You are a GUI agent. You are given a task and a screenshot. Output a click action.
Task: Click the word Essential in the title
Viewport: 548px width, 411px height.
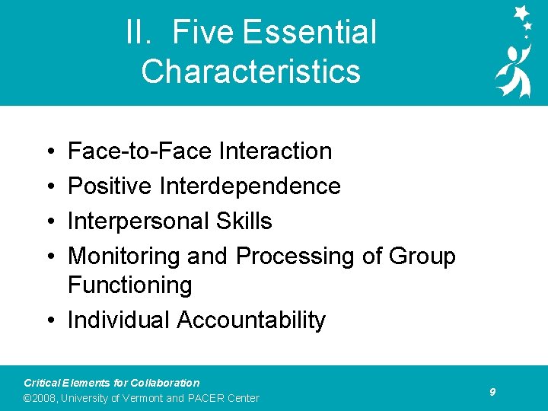[x=309, y=33]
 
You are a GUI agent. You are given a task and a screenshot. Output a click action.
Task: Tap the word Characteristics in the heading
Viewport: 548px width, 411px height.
[x=250, y=71]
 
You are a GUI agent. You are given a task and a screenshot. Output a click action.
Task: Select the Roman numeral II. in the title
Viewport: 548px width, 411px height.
[x=141, y=33]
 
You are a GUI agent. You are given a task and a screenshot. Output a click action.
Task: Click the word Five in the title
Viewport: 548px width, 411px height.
[x=203, y=33]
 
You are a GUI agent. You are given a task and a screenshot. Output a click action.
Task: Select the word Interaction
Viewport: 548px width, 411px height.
[x=276, y=151]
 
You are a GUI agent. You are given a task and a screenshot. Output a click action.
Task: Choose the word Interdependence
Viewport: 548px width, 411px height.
[x=250, y=186]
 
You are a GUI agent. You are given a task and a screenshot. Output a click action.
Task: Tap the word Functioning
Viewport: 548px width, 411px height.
[x=129, y=285]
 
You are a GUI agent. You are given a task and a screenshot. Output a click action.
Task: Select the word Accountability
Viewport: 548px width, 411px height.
[x=251, y=320]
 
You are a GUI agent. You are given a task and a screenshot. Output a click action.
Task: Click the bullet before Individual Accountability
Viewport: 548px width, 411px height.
[x=48, y=320]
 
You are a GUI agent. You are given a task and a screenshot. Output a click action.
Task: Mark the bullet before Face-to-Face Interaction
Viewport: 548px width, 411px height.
[x=48, y=151]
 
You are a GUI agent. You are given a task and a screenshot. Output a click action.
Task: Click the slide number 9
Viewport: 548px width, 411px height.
[x=492, y=391]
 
